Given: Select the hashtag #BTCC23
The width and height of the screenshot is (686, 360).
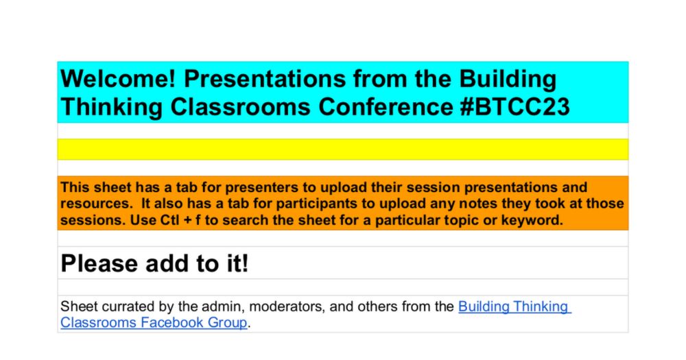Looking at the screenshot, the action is pos(514,107).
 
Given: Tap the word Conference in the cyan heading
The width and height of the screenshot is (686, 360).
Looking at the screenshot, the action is pos(386,107).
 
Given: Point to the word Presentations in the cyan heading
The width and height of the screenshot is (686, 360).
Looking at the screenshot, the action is pos(265,79).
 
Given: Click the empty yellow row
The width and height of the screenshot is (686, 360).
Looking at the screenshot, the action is pos(342,149).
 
